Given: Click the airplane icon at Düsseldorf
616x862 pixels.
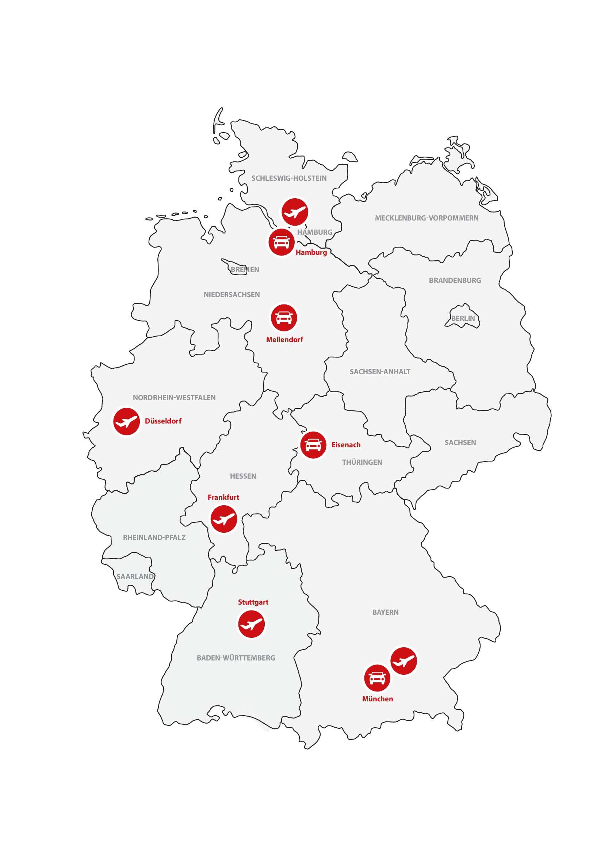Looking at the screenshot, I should pyautogui.click(x=126, y=421).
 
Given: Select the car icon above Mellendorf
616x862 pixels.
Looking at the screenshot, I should pyautogui.click(x=284, y=317).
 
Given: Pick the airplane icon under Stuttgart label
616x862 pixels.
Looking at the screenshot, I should pyautogui.click(x=252, y=624).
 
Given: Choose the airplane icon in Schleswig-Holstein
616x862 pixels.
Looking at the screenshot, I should pyautogui.click(x=295, y=212).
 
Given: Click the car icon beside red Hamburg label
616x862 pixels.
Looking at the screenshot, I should pyautogui.click(x=282, y=242).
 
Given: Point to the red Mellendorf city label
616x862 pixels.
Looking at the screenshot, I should pyautogui.click(x=284, y=340).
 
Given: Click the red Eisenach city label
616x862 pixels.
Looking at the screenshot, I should pyautogui.click(x=346, y=445).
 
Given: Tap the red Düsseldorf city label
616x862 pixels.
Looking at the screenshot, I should pyautogui.click(x=163, y=421).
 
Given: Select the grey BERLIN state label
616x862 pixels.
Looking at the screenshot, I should pyautogui.click(x=463, y=319).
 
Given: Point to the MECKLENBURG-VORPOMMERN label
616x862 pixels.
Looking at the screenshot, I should pyautogui.click(x=427, y=218).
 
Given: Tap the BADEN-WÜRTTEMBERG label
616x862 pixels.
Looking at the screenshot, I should pyautogui.click(x=236, y=658).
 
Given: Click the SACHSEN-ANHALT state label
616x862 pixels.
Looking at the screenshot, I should pyautogui.click(x=380, y=372).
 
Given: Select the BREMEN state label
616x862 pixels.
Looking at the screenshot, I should pyautogui.click(x=245, y=270).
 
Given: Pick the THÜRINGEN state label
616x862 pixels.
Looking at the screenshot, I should pyautogui.click(x=362, y=462).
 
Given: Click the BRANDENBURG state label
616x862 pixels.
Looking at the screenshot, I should pyautogui.click(x=455, y=281).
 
